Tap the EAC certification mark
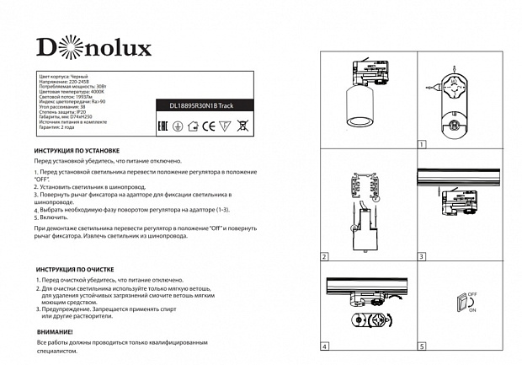coord(162,126)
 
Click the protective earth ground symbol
coord(178,126)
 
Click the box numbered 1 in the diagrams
coord(422,144)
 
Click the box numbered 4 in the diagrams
coord(325,346)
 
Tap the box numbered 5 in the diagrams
coord(422,346)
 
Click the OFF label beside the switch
coord(472,293)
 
